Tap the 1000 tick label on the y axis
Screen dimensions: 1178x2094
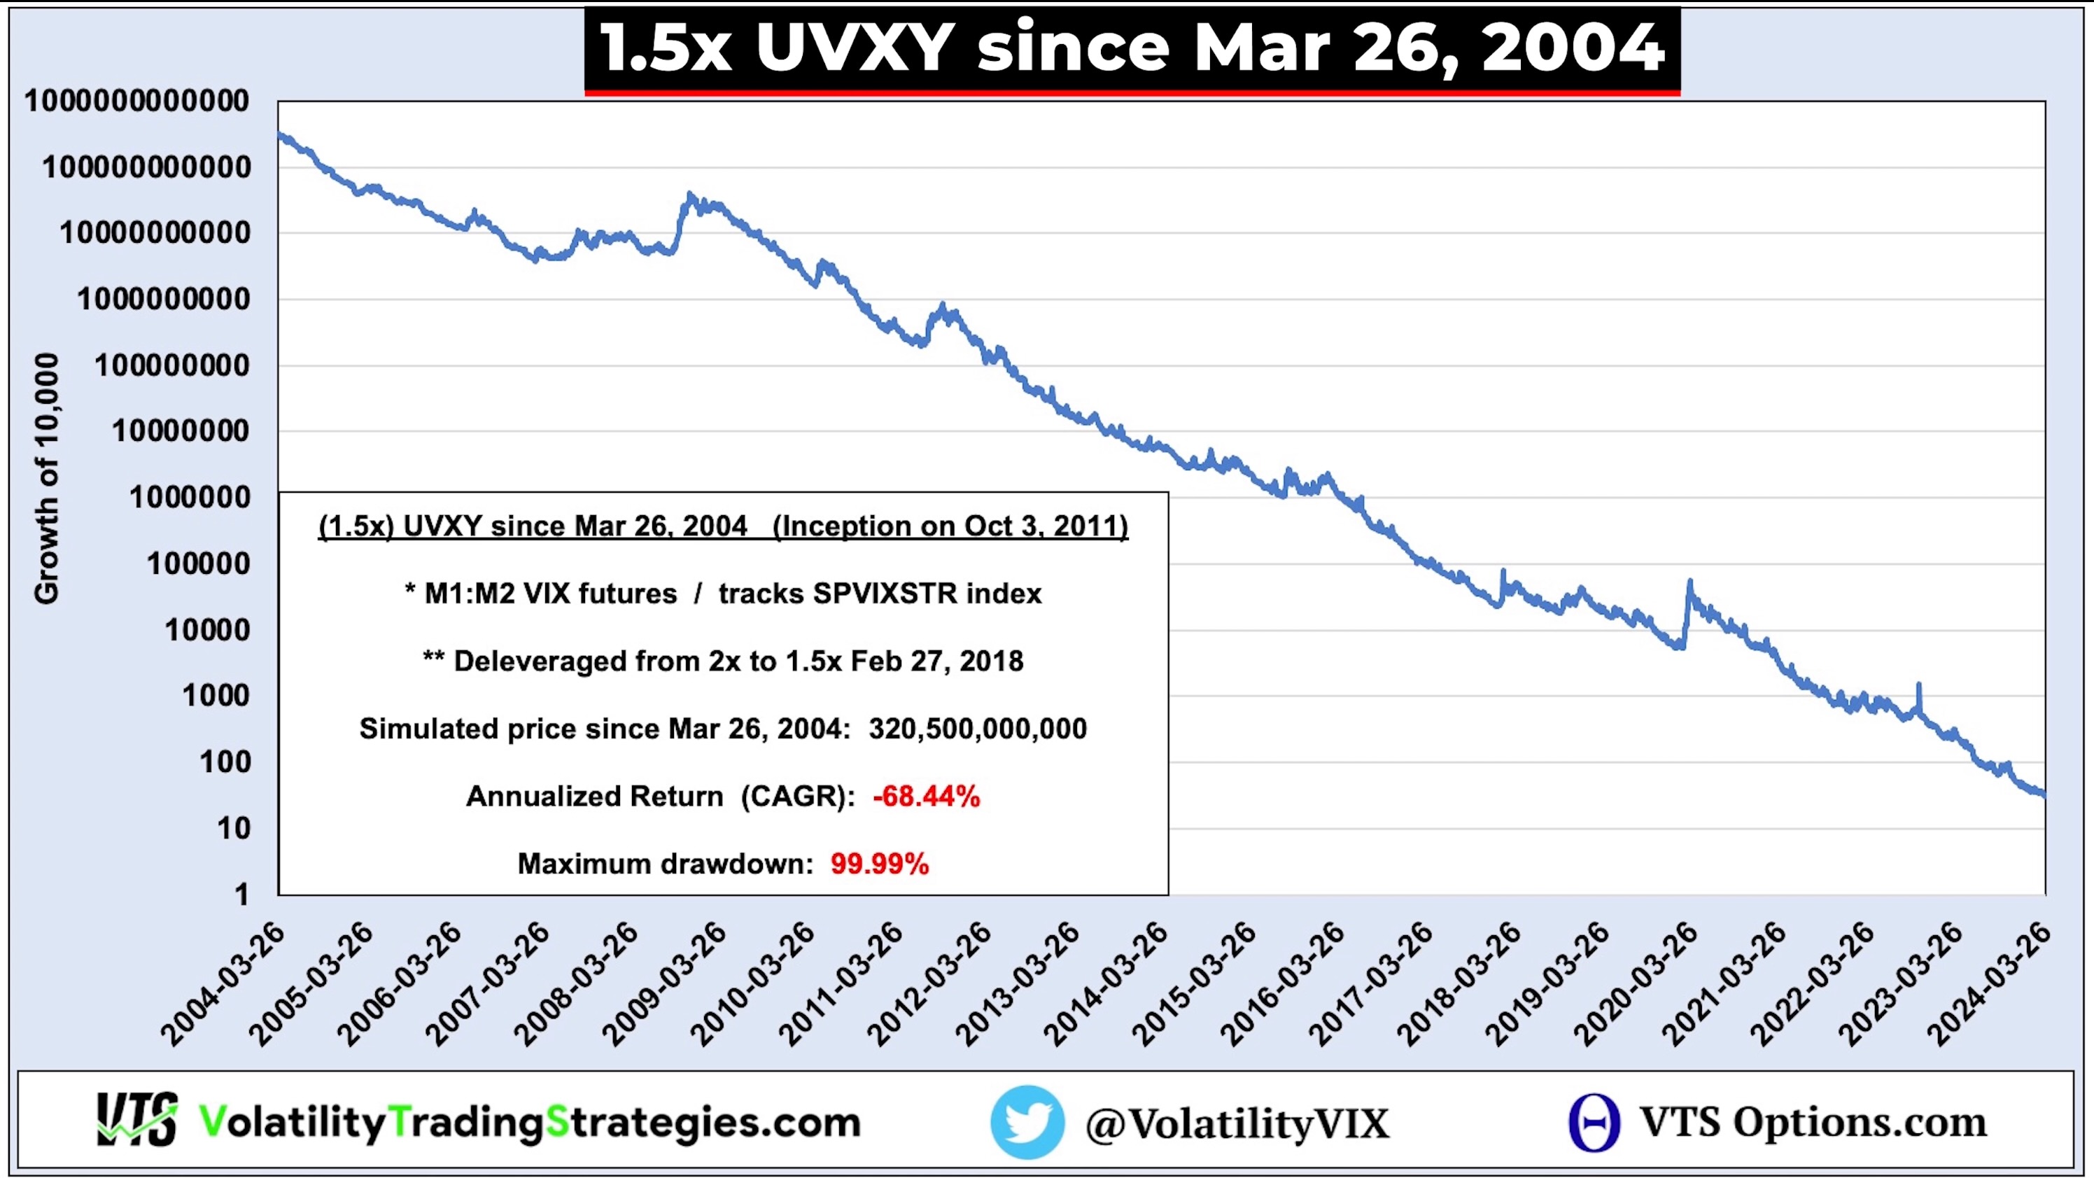(216, 696)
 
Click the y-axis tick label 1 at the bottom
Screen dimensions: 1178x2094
(241, 895)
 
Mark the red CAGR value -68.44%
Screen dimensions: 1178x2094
(926, 796)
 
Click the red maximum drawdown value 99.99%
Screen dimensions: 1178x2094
(880, 864)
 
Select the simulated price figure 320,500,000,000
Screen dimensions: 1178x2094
(977, 729)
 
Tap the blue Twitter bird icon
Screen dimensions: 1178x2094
(1027, 1122)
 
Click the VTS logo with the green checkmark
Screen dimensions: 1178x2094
(136, 1121)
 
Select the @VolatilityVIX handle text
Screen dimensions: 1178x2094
(1237, 1123)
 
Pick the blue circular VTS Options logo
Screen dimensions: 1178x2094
(1594, 1122)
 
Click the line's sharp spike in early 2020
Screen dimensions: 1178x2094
(1689, 585)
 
